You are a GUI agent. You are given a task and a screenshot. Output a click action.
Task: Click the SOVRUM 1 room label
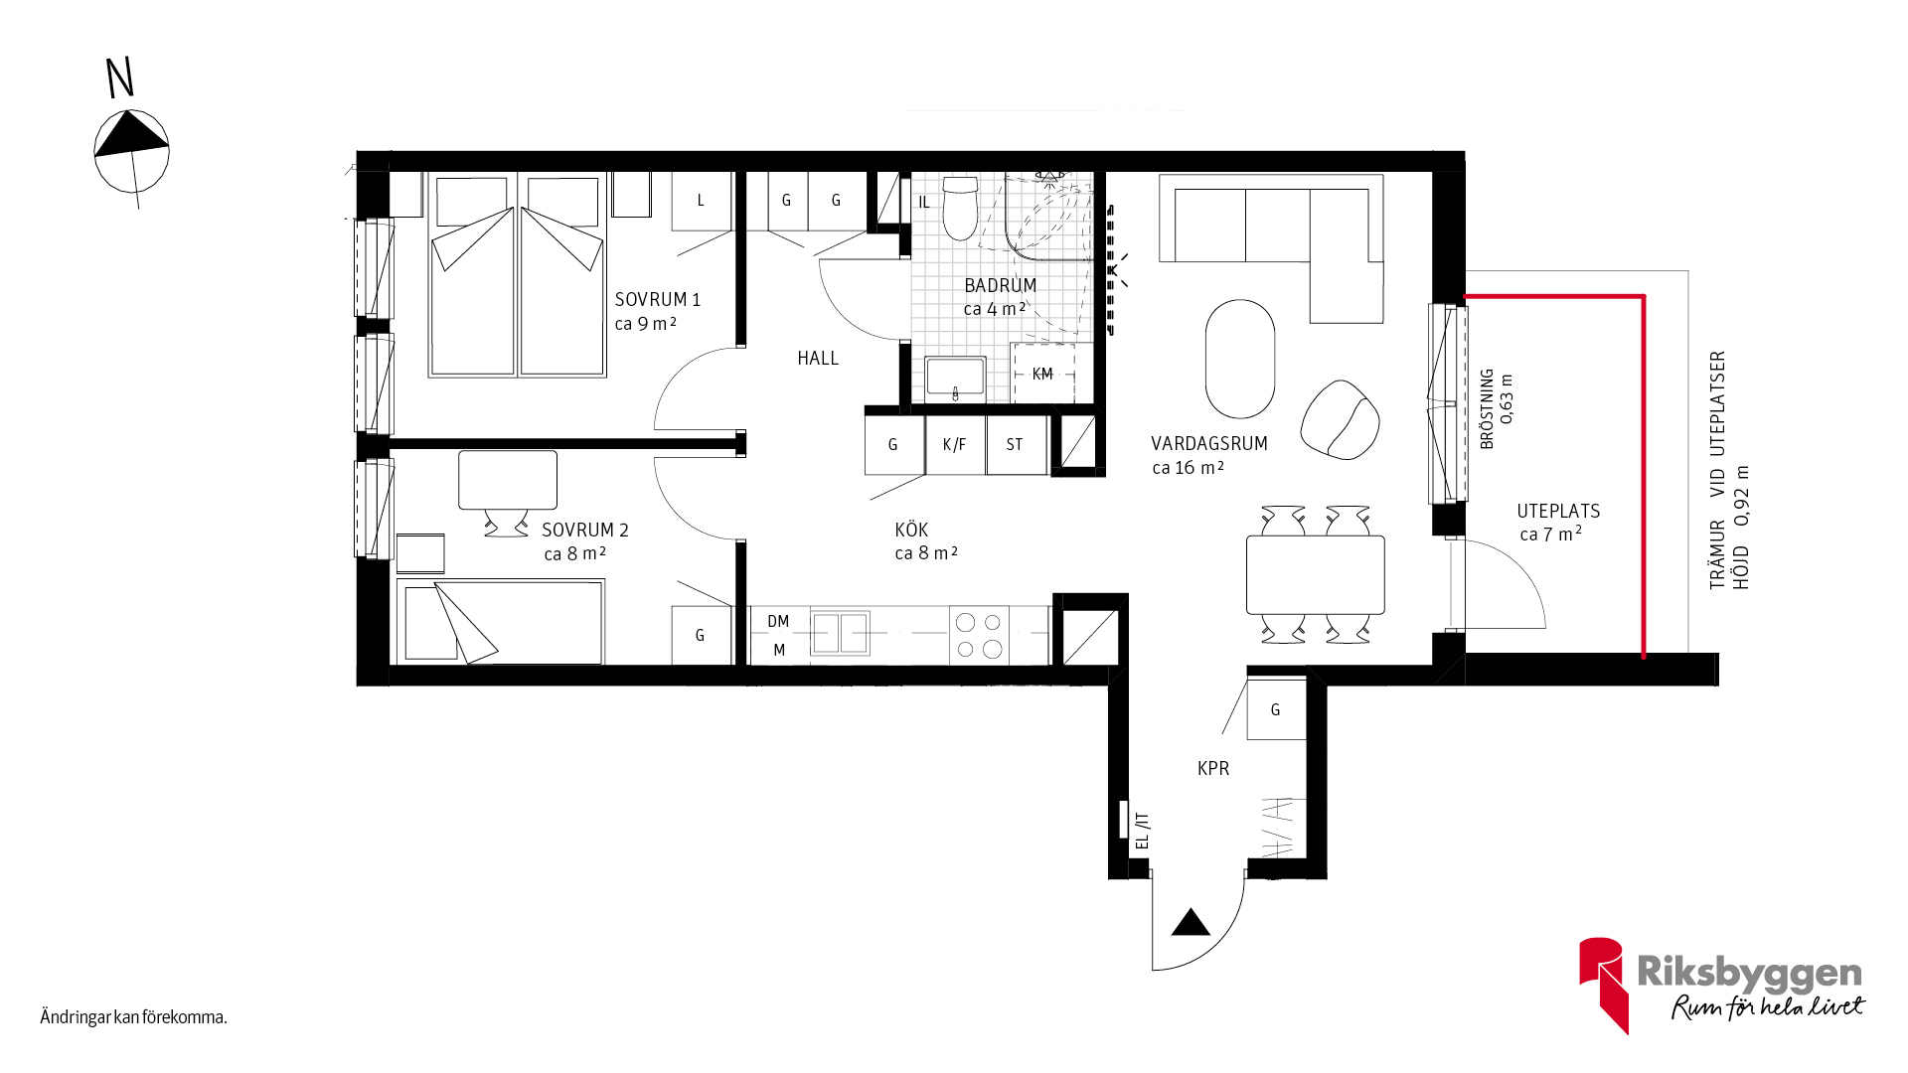pos(658,299)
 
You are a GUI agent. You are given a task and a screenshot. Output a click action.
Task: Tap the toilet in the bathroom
pos(960,208)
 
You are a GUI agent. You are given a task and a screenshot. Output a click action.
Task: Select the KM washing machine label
pos(1042,374)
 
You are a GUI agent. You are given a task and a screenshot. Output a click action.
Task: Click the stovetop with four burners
pos(979,636)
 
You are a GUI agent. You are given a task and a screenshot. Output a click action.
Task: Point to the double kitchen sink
pos(840,633)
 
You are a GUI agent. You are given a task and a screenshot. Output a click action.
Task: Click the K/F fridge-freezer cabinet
pos(955,444)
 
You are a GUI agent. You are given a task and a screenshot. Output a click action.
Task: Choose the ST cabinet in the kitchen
pos(1016,444)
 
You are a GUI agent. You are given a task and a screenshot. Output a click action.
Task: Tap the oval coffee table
pos(1239,359)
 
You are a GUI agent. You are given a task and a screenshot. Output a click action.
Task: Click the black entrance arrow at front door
pos(1191,923)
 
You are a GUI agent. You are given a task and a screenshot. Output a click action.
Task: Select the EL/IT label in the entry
pos(1142,831)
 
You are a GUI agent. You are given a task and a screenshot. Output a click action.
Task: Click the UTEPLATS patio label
pos(1558,511)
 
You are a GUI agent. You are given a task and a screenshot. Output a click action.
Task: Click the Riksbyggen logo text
pos(1749,973)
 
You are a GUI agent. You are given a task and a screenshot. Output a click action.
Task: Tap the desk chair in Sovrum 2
pos(507,524)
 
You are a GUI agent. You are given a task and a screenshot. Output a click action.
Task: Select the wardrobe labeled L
pos(702,201)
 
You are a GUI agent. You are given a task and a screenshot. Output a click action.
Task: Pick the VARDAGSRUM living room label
pos(1209,444)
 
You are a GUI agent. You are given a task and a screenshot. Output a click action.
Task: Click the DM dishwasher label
pos(778,621)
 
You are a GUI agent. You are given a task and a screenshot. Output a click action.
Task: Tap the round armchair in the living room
pos(1341,419)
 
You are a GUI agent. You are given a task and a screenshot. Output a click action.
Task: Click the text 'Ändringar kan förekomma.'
pos(134,1016)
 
